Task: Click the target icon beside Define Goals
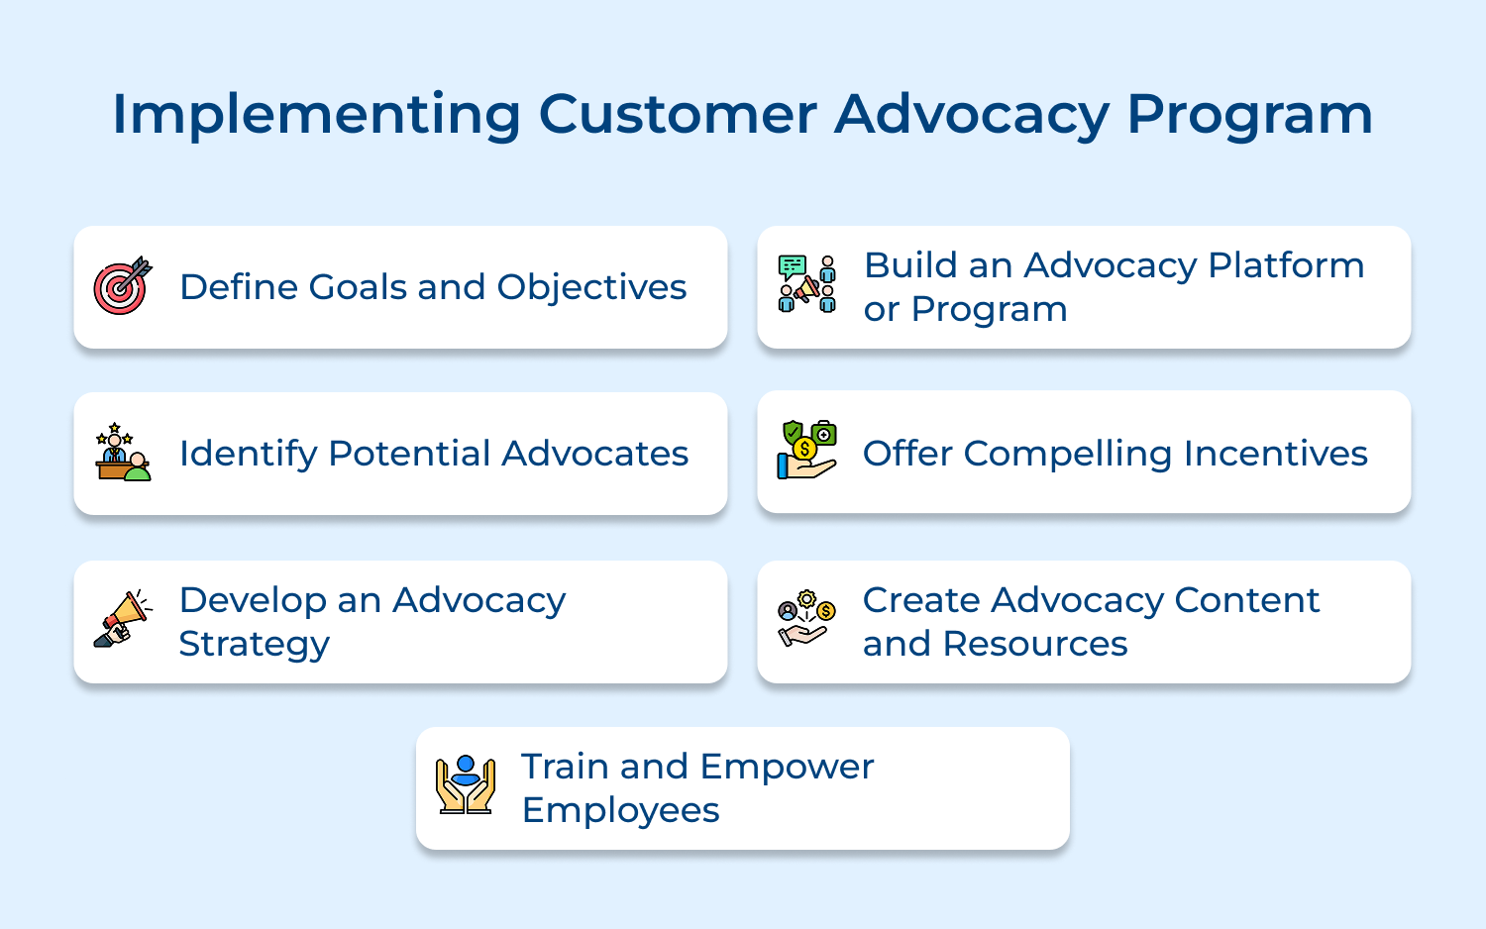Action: click(122, 287)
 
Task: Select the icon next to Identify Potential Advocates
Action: click(122, 453)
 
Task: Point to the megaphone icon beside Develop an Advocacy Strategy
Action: click(122, 619)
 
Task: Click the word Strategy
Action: click(254, 644)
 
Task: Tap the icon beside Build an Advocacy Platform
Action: click(806, 284)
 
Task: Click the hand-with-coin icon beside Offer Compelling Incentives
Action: click(806, 451)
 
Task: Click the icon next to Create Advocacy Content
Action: click(806, 619)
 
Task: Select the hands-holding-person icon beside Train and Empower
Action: click(465, 785)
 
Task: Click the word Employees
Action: click(620, 810)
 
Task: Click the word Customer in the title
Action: click(677, 115)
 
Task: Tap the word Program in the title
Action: click(1249, 115)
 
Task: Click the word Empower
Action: click(787, 767)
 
